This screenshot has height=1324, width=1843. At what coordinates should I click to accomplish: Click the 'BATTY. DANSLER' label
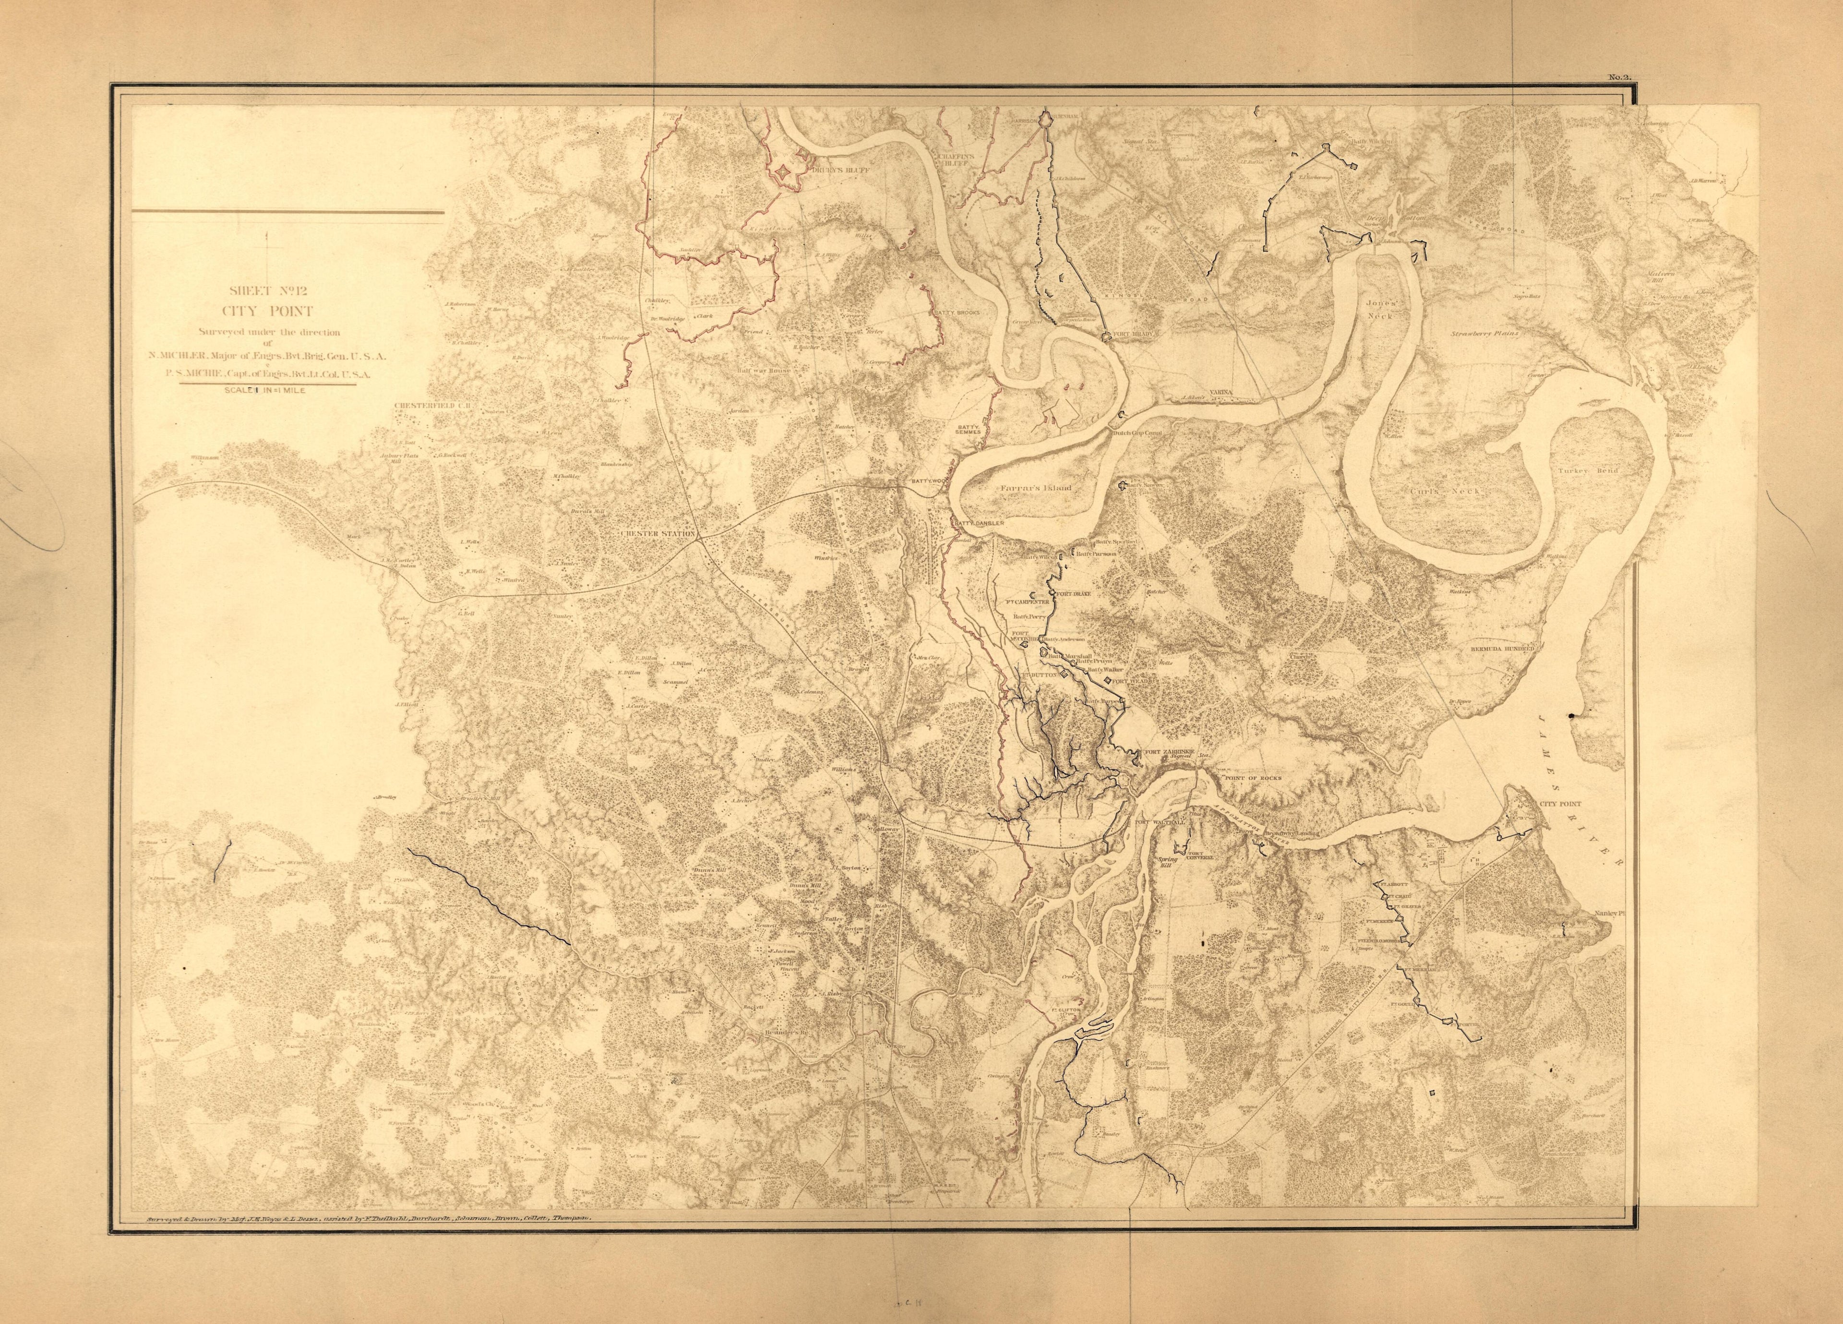979,523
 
